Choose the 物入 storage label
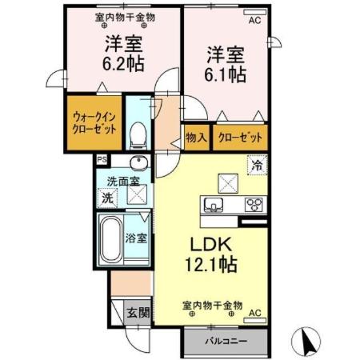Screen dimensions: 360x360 tap(197, 138)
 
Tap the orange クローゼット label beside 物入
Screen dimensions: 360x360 tap(239, 138)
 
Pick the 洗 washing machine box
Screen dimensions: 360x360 tap(106, 198)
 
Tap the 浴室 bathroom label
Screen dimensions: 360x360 tap(136, 238)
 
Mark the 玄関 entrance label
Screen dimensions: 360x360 tap(137, 312)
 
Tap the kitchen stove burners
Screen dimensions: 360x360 tap(254, 203)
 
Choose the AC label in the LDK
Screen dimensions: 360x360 tap(255, 313)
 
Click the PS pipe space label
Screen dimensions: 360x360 tap(102, 159)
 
